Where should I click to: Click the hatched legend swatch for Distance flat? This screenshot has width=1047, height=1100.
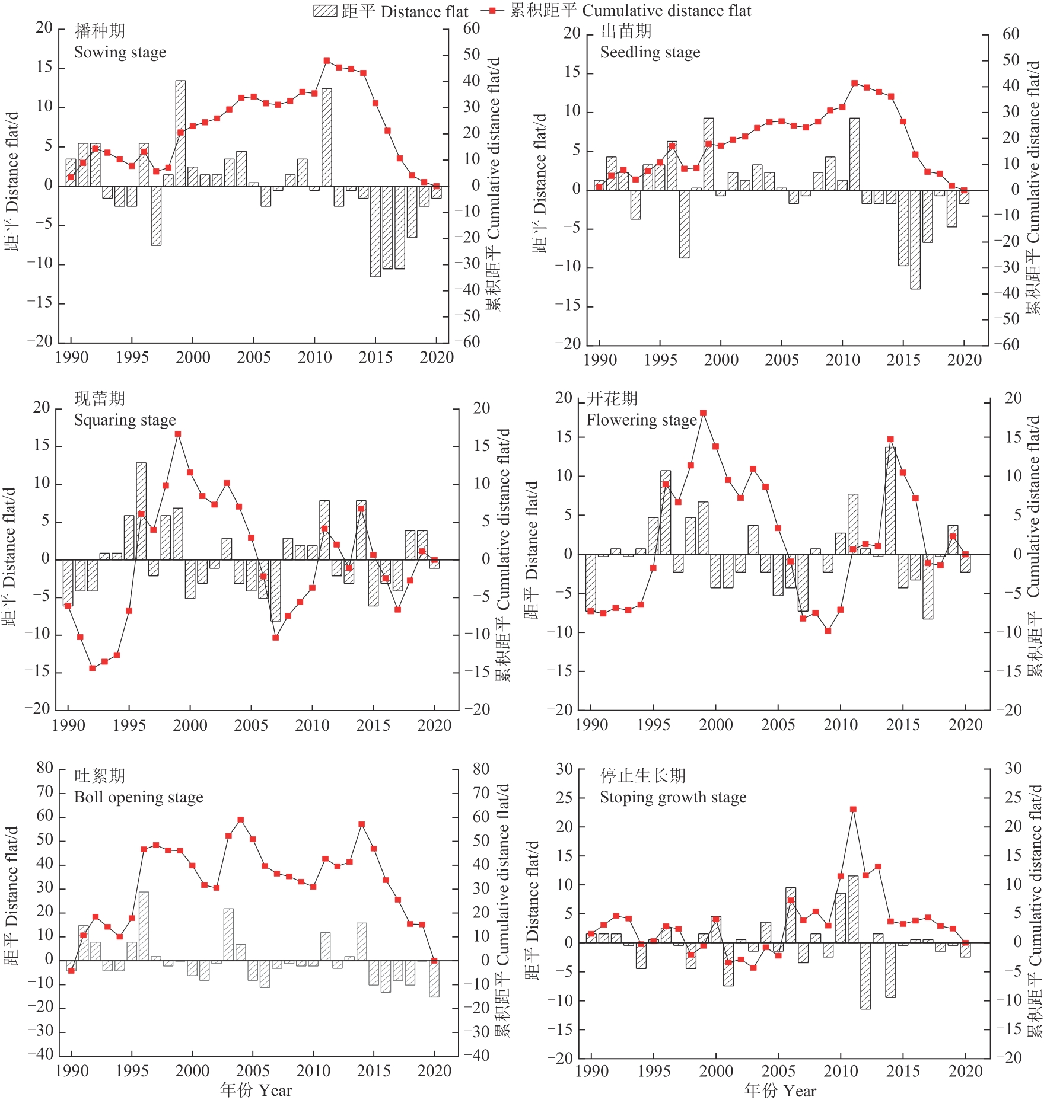pyautogui.click(x=325, y=11)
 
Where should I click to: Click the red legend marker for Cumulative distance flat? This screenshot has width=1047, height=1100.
pyautogui.click(x=492, y=11)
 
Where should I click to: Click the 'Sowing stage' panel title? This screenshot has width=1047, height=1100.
pyautogui.click(x=120, y=52)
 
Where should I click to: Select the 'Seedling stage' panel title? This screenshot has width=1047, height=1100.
pyautogui.click(x=650, y=52)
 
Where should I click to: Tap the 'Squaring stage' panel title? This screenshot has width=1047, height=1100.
pyautogui.click(x=125, y=420)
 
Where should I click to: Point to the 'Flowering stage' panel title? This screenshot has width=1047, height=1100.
pyautogui.click(x=641, y=420)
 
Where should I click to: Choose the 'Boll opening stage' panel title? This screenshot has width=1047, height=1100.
pyautogui.click(x=138, y=797)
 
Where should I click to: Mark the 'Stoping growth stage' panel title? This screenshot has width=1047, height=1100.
pyautogui.click(x=673, y=797)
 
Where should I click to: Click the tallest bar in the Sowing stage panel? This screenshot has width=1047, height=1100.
pyautogui.click(x=180, y=133)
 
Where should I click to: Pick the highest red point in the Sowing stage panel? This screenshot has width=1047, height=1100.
pyautogui.click(x=326, y=61)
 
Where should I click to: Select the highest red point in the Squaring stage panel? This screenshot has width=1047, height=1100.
pyautogui.click(x=178, y=434)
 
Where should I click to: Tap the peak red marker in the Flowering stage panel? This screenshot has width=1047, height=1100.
pyautogui.click(x=703, y=413)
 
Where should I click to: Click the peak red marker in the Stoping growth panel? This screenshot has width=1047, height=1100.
pyautogui.click(x=853, y=809)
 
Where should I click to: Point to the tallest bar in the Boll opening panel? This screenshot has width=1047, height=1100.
pyautogui.click(x=144, y=926)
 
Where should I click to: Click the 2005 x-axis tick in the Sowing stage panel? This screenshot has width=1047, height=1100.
pyautogui.click(x=254, y=357)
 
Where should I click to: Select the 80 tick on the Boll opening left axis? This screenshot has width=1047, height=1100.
pyautogui.click(x=45, y=768)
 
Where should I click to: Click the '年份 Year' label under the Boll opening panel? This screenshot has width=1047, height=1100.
pyautogui.click(x=256, y=1090)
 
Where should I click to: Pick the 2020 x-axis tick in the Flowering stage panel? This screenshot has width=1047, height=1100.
pyautogui.click(x=965, y=724)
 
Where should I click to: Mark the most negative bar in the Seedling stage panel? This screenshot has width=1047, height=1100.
pyautogui.click(x=915, y=239)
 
